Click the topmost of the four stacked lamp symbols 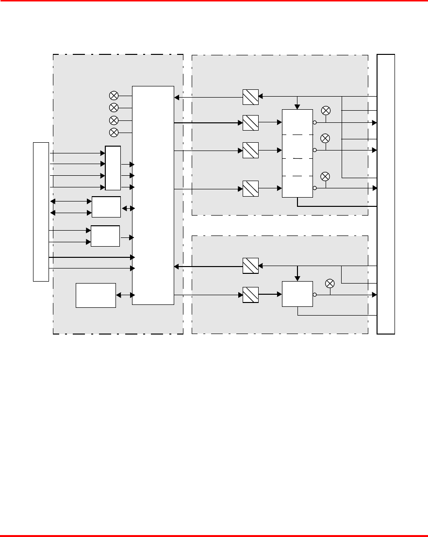pyautogui.click(x=114, y=95)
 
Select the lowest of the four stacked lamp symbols pyautogui.click(x=114, y=132)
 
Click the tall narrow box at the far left pyautogui.click(x=41, y=212)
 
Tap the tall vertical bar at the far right pyautogui.click(x=386, y=194)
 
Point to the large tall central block pyautogui.click(x=153, y=195)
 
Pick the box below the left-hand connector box pyautogui.click(x=96, y=295)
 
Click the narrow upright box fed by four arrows pyautogui.click(x=113, y=168)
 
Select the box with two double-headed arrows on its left pyautogui.click(x=106, y=207)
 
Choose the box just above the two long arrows pyautogui.click(x=105, y=236)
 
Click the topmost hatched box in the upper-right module pyautogui.click(x=250, y=97)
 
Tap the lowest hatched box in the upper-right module pyautogui.click(x=250, y=188)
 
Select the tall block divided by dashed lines pyautogui.click(x=297, y=153)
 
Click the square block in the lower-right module pyautogui.click(x=297, y=294)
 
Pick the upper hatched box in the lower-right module pyautogui.click(x=250, y=266)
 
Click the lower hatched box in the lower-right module pyautogui.click(x=250, y=294)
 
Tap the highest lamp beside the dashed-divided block pyautogui.click(x=326, y=111)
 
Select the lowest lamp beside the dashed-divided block pyautogui.click(x=326, y=176)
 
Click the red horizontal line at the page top pyautogui.click(x=214, y=1)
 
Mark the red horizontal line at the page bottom pyautogui.click(x=214, y=535)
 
